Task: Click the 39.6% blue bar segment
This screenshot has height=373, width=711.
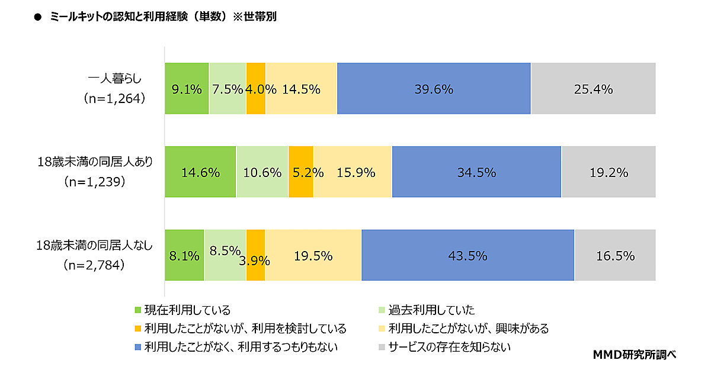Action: pyautogui.click(x=434, y=88)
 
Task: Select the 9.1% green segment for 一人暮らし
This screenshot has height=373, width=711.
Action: pyautogui.click(x=187, y=88)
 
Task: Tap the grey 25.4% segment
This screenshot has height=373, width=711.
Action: pyautogui.click(x=593, y=88)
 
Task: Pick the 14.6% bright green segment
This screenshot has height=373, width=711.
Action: pyautogui.click(x=200, y=172)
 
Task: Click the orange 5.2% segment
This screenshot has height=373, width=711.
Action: pyautogui.click(x=301, y=172)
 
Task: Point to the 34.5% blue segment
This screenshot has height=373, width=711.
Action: pyautogui.click(x=476, y=172)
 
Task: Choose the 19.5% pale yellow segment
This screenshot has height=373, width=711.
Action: pyautogui.click(x=313, y=256)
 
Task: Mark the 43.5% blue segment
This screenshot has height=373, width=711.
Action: pyautogui.click(x=467, y=256)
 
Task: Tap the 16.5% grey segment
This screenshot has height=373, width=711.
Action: pyautogui.click(x=615, y=256)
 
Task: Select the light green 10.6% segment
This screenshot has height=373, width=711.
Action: pyautogui.click(x=262, y=172)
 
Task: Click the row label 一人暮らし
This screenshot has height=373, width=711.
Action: pyautogui.click(x=115, y=78)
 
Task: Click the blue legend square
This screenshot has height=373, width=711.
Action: pyautogui.click(x=139, y=346)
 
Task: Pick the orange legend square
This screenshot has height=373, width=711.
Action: pyautogui.click(x=139, y=329)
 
